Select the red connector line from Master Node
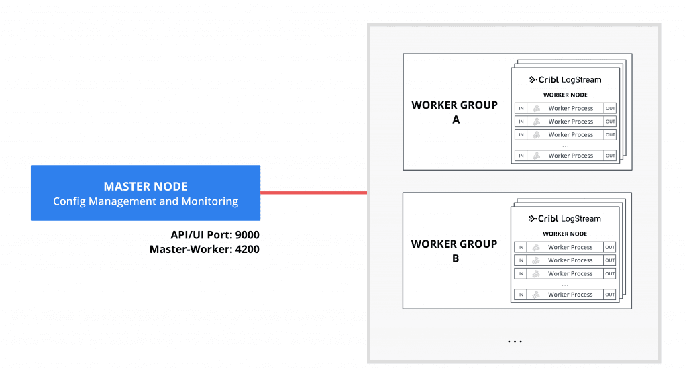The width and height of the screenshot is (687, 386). (313, 193)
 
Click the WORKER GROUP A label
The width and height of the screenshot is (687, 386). (455, 112)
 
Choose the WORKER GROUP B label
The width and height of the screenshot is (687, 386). (455, 250)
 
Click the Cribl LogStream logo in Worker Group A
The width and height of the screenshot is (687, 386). (565, 79)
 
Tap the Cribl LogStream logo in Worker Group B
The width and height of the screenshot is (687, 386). (565, 218)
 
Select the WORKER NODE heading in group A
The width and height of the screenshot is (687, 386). (565, 95)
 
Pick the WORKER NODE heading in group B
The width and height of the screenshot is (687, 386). (565, 234)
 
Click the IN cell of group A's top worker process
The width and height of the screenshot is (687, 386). (521, 109)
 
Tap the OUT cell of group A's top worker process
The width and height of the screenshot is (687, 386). (610, 109)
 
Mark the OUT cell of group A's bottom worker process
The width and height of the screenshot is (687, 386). (610, 156)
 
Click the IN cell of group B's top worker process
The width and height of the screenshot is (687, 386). (521, 247)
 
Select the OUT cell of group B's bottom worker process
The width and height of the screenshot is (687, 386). (610, 295)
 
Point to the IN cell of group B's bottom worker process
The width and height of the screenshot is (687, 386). (521, 295)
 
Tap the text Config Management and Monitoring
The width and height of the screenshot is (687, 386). (146, 201)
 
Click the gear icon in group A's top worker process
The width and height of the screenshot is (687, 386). (536, 109)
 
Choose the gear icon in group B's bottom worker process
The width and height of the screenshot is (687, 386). (536, 295)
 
